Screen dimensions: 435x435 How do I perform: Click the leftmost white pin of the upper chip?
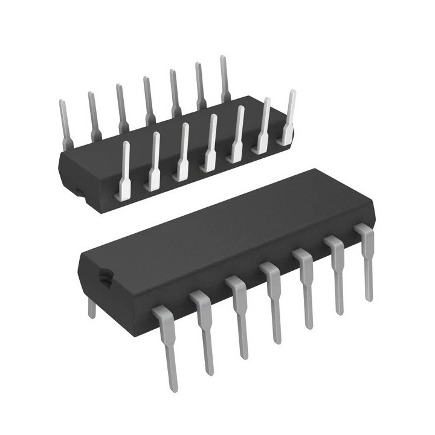[126, 172]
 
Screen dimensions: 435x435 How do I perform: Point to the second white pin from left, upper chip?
[154, 163]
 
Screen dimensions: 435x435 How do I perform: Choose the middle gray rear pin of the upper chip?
[148, 100]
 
